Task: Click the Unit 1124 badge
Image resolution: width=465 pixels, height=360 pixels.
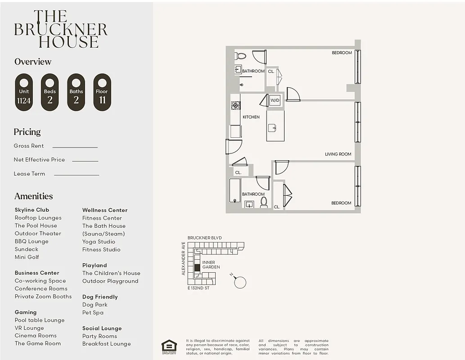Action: tap(24, 92)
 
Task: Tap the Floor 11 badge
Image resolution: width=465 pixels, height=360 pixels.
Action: tap(102, 92)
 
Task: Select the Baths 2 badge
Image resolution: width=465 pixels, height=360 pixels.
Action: tap(76, 92)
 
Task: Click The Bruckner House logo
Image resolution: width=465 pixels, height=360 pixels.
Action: tap(61, 30)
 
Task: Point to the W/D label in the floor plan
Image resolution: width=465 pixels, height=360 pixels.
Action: tap(275, 101)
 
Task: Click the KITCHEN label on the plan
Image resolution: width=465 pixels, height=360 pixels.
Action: tap(251, 117)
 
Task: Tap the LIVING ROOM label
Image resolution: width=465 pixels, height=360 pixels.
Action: tap(338, 154)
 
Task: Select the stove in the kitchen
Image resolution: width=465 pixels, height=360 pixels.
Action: tap(236, 105)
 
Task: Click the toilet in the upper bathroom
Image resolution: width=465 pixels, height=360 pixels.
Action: tap(241, 56)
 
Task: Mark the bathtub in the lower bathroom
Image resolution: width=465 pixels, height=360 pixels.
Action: tap(235, 190)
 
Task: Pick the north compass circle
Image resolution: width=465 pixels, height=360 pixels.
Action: tap(240, 282)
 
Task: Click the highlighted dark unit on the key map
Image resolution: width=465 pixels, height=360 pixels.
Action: tap(197, 268)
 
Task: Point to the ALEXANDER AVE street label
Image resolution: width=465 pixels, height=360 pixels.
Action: tap(184, 259)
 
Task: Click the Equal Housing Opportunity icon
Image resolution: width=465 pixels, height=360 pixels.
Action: tap(169, 346)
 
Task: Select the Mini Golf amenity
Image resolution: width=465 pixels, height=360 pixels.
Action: tap(27, 257)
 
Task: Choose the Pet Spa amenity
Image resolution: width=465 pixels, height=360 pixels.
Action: tap(93, 312)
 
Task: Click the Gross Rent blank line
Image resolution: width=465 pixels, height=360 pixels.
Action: tap(75, 147)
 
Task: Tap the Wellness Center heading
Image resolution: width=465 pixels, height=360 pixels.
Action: tap(105, 210)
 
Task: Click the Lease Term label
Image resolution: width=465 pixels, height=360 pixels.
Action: tap(29, 174)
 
